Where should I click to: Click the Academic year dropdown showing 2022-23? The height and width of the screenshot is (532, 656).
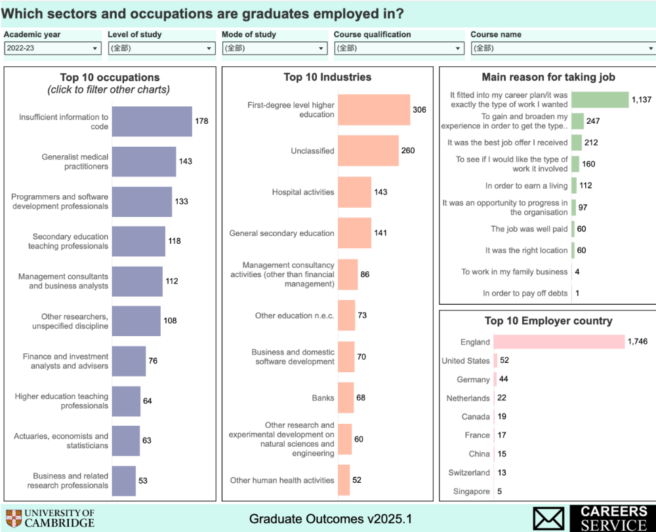coord(52,48)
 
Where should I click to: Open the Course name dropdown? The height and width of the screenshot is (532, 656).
coord(563,48)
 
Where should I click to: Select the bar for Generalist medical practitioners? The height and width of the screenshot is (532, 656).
coord(144,161)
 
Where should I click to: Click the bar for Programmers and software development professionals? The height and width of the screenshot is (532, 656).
coord(142,201)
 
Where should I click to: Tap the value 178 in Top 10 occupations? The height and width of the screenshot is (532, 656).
coord(201,121)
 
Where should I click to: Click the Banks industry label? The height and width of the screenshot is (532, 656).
coord(323,398)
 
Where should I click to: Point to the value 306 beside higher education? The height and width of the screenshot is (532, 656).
coord(419,109)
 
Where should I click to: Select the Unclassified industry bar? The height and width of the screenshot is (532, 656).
coord(368,151)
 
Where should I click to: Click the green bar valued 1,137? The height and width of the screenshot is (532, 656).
coord(600,100)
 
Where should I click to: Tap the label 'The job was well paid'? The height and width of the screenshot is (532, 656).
coord(529,229)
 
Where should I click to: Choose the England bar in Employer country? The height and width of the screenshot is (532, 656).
coord(559,341)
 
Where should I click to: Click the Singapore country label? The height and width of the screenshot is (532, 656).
coord(471,491)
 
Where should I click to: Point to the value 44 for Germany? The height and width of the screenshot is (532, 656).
coord(503,379)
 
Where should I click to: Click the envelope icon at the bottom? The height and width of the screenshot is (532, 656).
coord(548,518)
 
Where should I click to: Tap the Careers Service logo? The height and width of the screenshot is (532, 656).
coord(613,518)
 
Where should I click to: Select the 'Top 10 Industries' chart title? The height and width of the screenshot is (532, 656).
coord(327,77)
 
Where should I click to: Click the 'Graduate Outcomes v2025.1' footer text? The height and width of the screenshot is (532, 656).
coord(331,519)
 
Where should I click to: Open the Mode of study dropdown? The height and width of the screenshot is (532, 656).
coord(274,48)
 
